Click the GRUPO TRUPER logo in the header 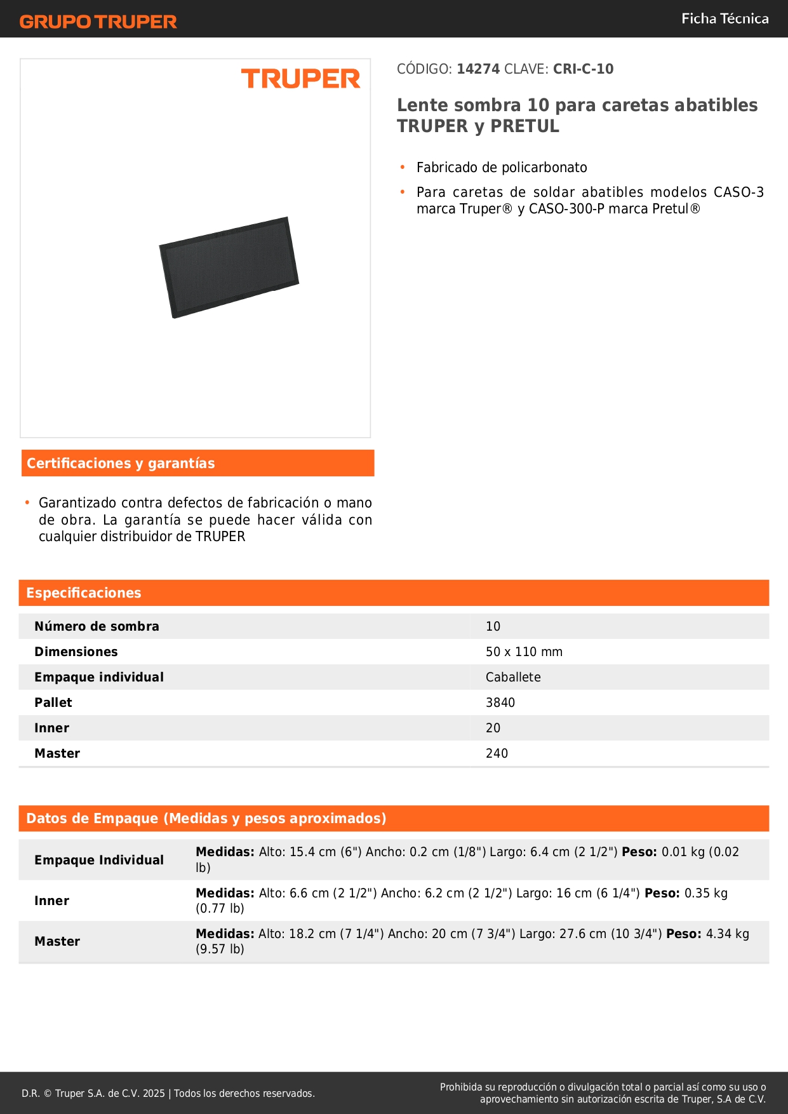98,22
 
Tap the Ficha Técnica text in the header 725,19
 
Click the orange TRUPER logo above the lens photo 300,79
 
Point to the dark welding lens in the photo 229,267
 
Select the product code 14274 478,69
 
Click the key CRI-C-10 583,69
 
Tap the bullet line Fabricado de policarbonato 502,168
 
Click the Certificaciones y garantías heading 121,464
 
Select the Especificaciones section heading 84,593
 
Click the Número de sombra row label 97,626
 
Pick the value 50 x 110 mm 524,652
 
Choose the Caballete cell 513,677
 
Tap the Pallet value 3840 500,702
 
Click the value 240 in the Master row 497,753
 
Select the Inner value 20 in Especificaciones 493,728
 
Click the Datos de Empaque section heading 206,819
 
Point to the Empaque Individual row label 99,860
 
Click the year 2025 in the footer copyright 154,1093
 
